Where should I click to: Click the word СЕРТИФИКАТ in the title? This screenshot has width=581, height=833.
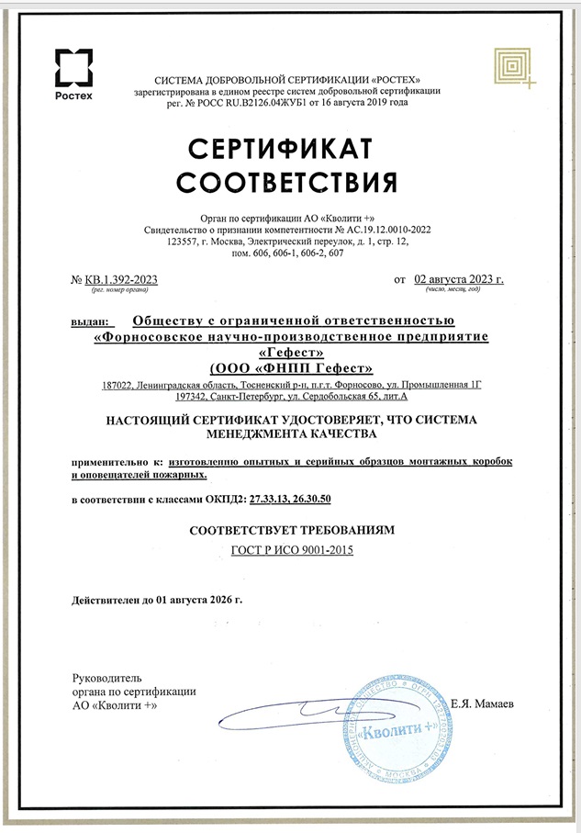(290, 149)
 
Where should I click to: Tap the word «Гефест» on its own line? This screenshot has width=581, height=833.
(289, 352)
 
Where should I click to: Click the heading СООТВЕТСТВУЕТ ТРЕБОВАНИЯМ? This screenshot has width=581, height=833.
(290, 531)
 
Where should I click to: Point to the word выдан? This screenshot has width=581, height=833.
(89, 321)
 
